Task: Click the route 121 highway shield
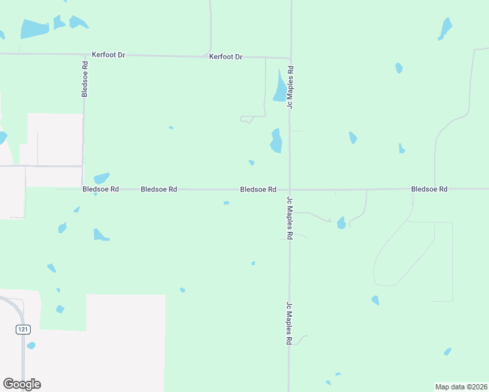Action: pos(24,331)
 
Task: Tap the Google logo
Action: pos(22,384)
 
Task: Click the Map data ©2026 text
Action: pos(462,386)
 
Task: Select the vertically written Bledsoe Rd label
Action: pos(85,79)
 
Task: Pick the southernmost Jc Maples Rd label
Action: pos(288,323)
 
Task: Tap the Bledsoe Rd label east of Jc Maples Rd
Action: pos(429,189)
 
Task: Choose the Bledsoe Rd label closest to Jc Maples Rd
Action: pos(258,189)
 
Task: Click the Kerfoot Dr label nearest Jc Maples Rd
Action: pos(226,57)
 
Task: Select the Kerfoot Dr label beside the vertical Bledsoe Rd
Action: pos(109,55)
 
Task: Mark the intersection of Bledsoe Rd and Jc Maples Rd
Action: pos(290,189)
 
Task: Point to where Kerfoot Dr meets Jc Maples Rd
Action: pos(290,57)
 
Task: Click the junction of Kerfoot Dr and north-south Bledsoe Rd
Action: pos(84,55)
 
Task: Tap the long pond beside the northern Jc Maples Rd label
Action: pos(280,86)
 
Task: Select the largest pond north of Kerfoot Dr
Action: pos(34,28)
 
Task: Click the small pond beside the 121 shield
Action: pos(31,345)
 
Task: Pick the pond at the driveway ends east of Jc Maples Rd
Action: pos(341,223)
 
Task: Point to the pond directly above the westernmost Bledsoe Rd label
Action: pos(101,178)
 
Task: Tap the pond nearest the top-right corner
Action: pos(446,27)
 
